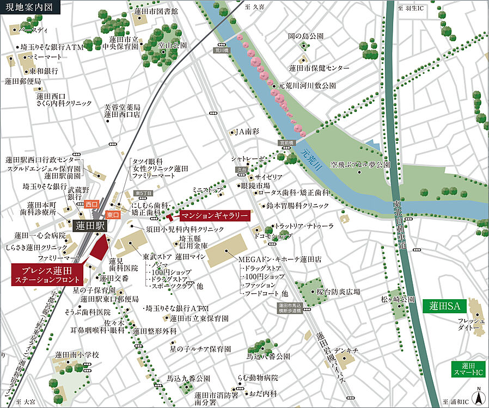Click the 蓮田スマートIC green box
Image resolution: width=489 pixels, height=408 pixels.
click(x=469, y=369)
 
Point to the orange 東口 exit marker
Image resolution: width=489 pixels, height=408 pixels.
click(x=113, y=215)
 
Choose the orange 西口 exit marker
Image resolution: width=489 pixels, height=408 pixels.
click(x=91, y=204)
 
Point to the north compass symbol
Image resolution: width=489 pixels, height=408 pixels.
click(x=478, y=397)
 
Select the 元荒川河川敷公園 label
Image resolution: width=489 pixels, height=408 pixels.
click(x=307, y=86)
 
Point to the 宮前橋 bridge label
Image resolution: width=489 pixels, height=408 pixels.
click(x=286, y=143)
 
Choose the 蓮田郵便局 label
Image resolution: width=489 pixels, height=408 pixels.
click(x=24, y=81)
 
